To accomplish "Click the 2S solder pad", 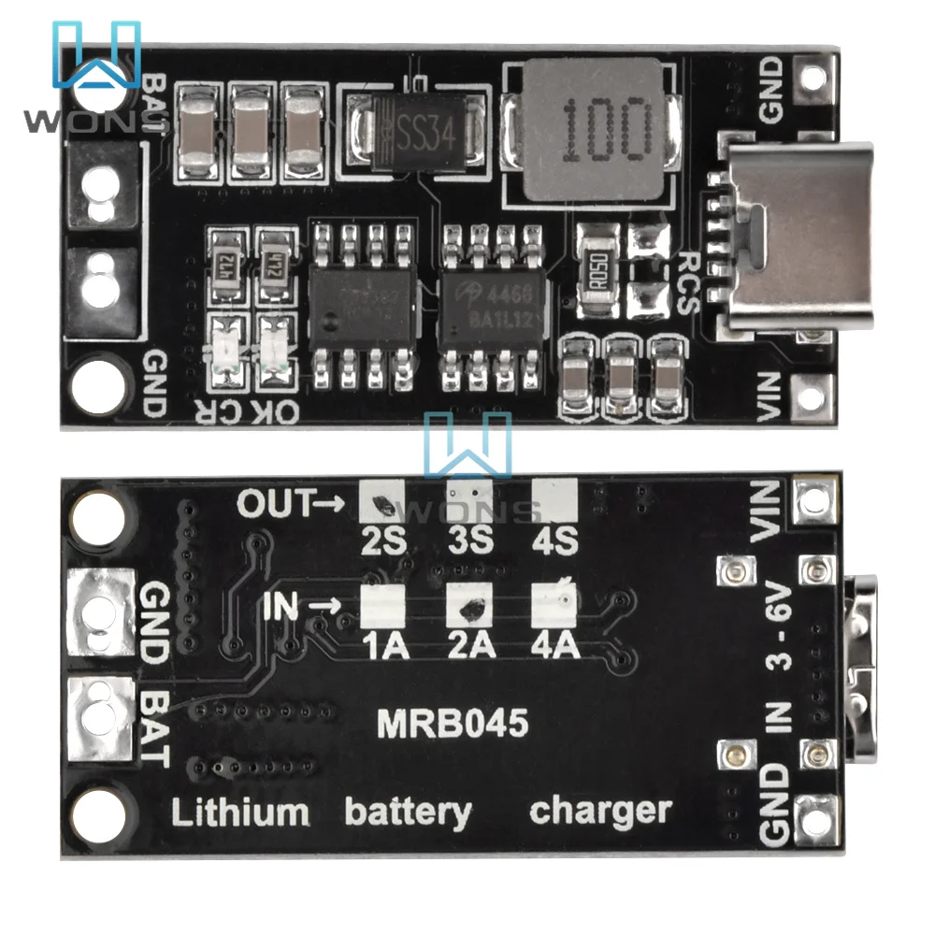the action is (382, 502).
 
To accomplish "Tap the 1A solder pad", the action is (381, 606).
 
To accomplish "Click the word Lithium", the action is (239, 812).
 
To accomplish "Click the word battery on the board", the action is (408, 812).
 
